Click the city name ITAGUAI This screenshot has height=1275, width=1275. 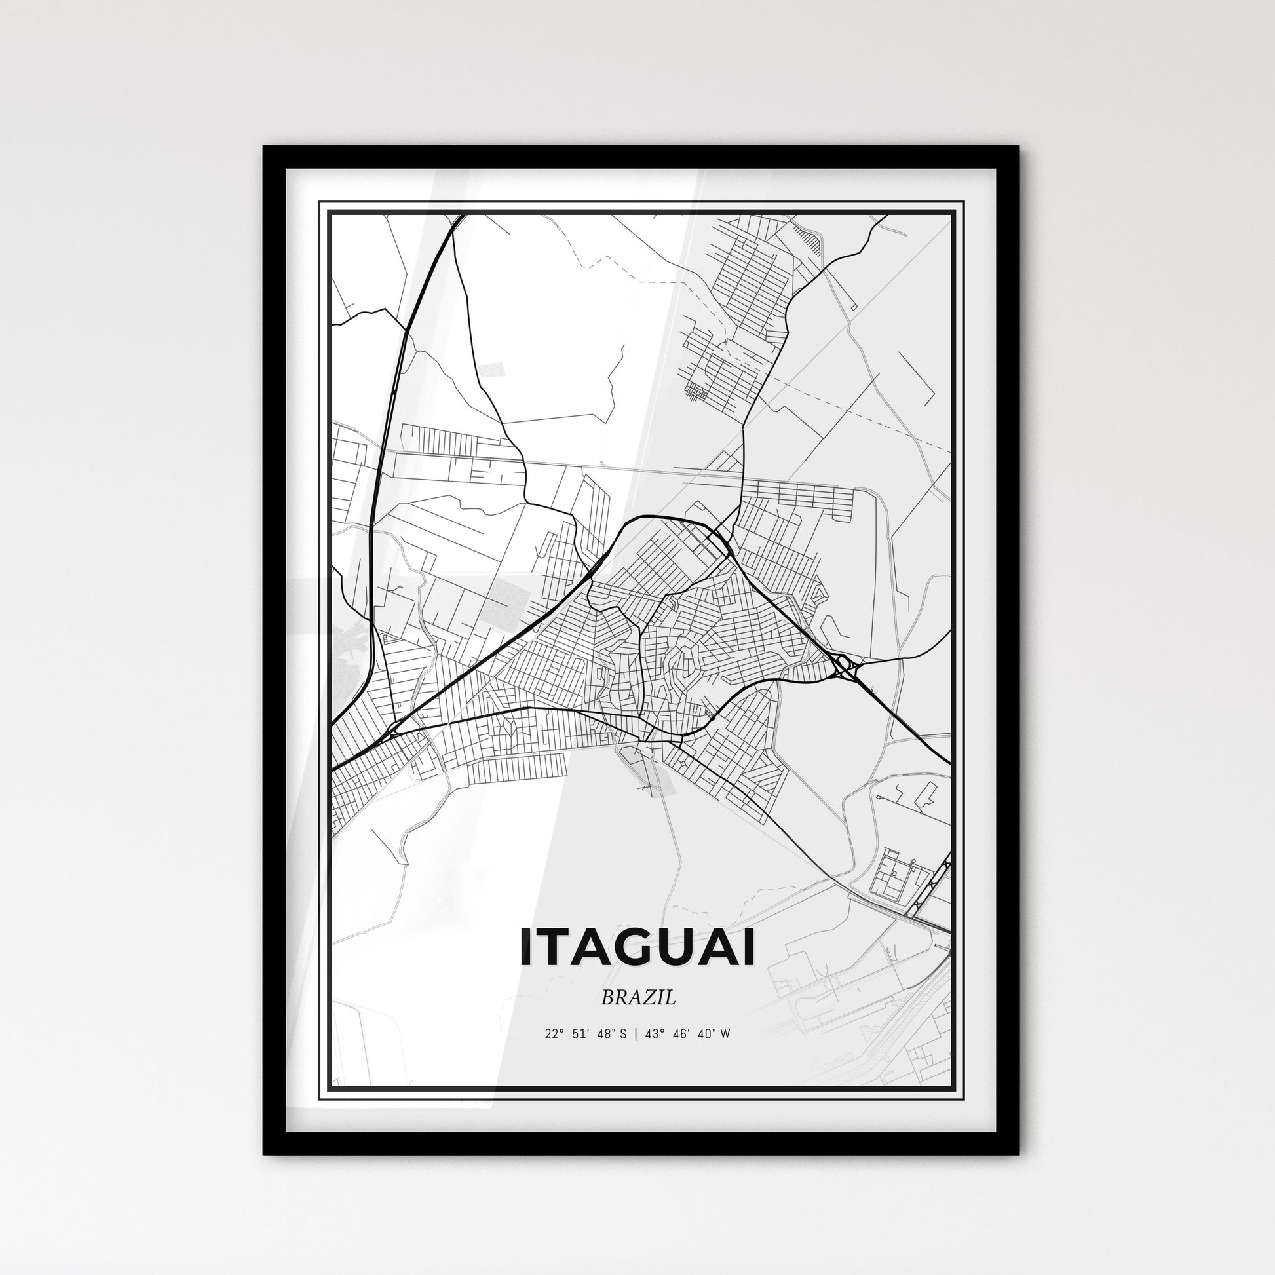click(x=637, y=947)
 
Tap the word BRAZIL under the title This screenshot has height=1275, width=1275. click(x=637, y=998)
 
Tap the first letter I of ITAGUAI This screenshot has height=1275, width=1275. click(x=526, y=947)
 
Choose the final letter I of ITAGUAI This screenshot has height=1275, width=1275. click(x=749, y=947)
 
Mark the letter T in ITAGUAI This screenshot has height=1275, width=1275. click(x=553, y=947)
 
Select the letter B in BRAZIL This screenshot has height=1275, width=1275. click(x=607, y=998)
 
